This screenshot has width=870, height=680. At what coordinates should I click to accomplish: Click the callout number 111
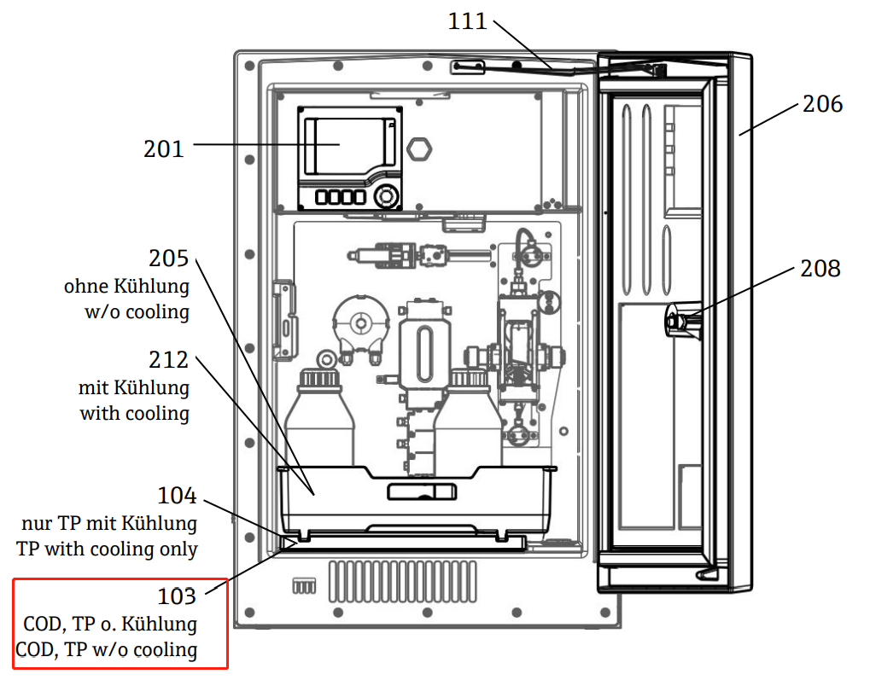(x=467, y=20)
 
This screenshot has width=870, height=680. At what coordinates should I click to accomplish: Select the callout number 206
(x=822, y=104)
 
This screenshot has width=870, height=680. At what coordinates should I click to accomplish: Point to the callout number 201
(x=163, y=149)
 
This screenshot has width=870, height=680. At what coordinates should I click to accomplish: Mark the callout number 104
(x=177, y=495)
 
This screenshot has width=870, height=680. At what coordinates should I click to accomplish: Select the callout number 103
(x=177, y=596)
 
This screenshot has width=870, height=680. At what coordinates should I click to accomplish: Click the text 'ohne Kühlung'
(x=126, y=286)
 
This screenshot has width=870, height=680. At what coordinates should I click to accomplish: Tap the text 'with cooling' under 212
(x=135, y=413)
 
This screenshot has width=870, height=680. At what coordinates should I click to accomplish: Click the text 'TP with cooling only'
(x=107, y=549)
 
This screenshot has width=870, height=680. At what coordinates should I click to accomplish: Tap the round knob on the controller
(x=387, y=195)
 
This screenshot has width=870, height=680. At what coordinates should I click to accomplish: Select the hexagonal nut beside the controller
(x=419, y=148)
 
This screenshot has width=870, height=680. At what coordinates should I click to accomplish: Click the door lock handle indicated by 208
(x=680, y=322)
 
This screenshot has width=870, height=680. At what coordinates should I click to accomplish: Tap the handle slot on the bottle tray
(x=422, y=491)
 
